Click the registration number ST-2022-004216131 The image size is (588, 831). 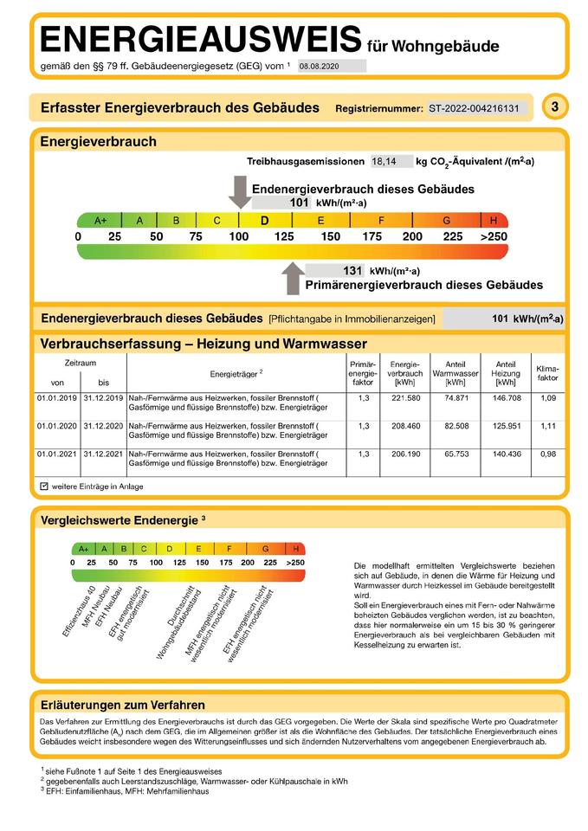click(474, 109)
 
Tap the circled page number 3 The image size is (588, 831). click(555, 107)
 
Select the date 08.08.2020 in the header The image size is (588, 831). click(319, 66)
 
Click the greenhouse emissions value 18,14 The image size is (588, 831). click(384, 161)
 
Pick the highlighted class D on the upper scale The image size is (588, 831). click(264, 220)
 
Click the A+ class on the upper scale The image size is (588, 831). click(100, 220)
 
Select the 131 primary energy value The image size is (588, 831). click(352, 270)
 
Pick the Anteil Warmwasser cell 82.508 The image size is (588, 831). click(456, 426)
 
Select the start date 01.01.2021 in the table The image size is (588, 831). click(57, 454)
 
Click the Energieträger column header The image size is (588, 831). click(236, 374)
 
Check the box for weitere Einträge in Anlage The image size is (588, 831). click(43, 487)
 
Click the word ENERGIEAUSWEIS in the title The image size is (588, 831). click(200, 41)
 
